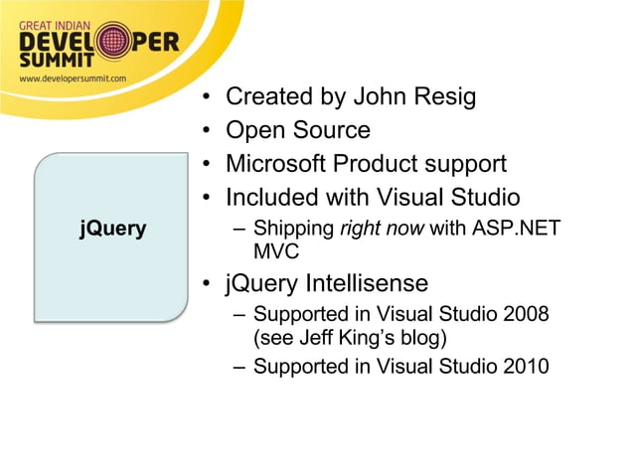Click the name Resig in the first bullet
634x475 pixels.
[x=440, y=97]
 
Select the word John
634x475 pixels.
[x=377, y=97]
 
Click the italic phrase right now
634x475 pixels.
[x=382, y=229]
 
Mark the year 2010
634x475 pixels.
[x=526, y=366]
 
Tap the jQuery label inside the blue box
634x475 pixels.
[x=112, y=229]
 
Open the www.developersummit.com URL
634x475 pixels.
[x=73, y=77]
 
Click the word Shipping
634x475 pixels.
[x=294, y=229]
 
